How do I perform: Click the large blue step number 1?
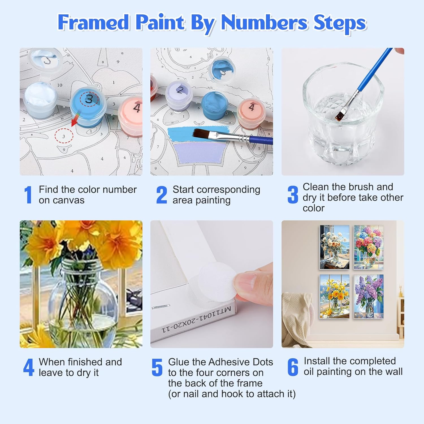click(28, 195)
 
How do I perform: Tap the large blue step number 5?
click(157, 367)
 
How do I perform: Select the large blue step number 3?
click(293, 195)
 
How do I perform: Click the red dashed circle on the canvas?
click(64, 136)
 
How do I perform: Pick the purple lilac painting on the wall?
click(369, 296)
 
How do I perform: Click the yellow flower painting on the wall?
click(334, 296)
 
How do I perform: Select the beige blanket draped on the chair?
click(297, 317)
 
